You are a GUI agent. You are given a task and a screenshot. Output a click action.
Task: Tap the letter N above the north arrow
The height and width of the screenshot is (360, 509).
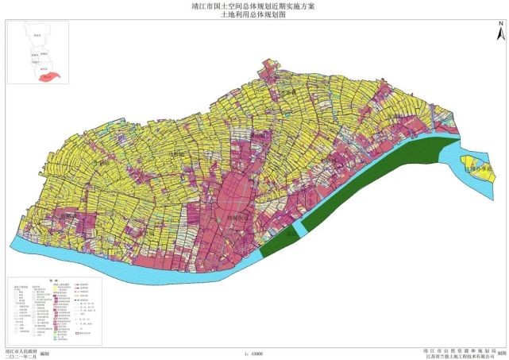[500, 22]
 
